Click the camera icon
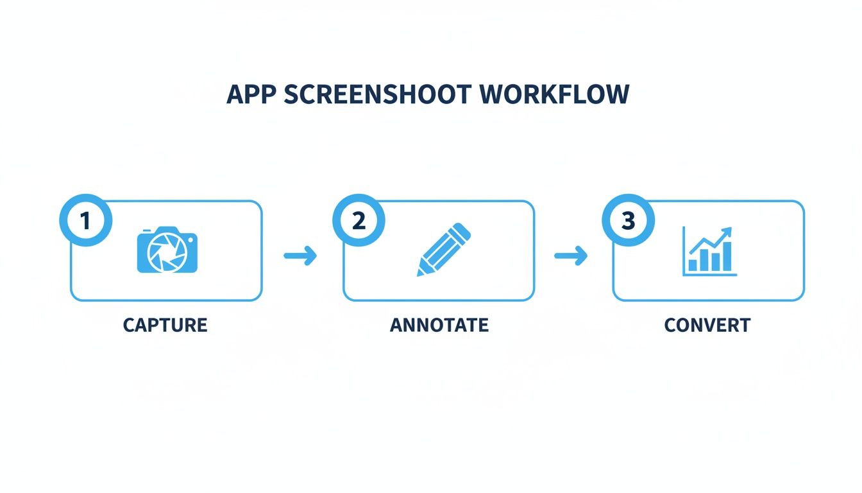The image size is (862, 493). coord(167,250)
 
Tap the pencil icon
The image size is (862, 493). coord(444,250)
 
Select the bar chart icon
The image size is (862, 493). coord(709,251)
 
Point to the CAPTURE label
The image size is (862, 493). coord(165,325)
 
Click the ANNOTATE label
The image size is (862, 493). coord(439,325)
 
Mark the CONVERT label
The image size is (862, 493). coord(707,325)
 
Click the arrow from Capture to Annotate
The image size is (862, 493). coord(300,256)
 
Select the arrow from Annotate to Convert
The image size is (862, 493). coord(571,256)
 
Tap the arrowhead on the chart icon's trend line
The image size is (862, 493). coord(727,232)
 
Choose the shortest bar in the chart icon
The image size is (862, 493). coord(693,264)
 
